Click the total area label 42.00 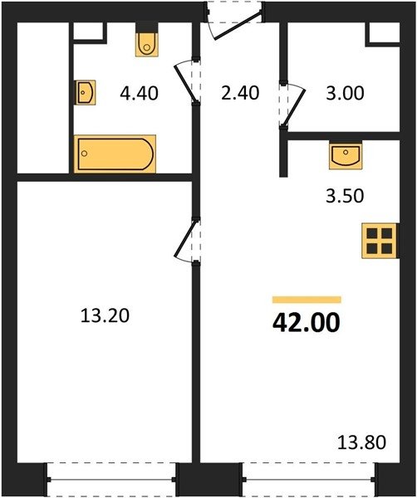[307, 322]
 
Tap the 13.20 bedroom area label [105, 316]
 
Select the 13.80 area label [361, 442]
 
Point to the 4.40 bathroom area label [139, 94]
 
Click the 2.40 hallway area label [240, 93]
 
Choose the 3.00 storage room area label [345, 94]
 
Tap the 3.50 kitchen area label [345, 196]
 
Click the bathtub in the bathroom [115, 154]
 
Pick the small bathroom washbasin [85, 92]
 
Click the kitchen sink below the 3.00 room [346, 156]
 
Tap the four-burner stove [380, 241]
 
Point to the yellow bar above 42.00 [307, 300]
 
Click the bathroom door [188, 81]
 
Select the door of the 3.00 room [292, 105]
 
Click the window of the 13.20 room [111, 479]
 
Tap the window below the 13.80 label [309, 479]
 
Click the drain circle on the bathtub [84, 154]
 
